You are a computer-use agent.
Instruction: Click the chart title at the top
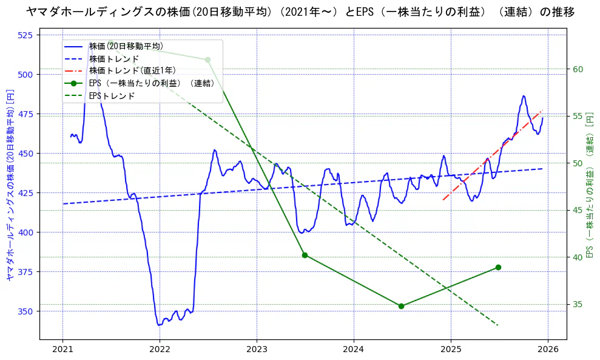click(x=300, y=12)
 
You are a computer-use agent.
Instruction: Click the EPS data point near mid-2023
click(x=305, y=255)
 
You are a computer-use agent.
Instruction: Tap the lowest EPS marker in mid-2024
click(x=401, y=306)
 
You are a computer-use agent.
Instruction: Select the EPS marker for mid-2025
click(x=498, y=267)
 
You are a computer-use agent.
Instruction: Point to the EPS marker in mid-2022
click(x=207, y=59)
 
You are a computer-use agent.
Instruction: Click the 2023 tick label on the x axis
click(x=257, y=349)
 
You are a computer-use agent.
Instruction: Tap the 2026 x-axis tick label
click(x=548, y=349)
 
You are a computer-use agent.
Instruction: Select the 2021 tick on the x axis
click(x=62, y=349)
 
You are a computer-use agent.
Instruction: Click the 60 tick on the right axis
click(x=578, y=69)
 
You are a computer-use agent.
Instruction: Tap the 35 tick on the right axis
click(x=578, y=304)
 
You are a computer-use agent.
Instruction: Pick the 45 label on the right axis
click(x=578, y=210)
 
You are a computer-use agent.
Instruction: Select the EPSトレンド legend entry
click(x=112, y=95)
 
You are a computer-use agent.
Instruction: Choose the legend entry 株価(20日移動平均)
click(x=126, y=46)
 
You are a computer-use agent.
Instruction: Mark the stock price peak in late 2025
click(x=524, y=96)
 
